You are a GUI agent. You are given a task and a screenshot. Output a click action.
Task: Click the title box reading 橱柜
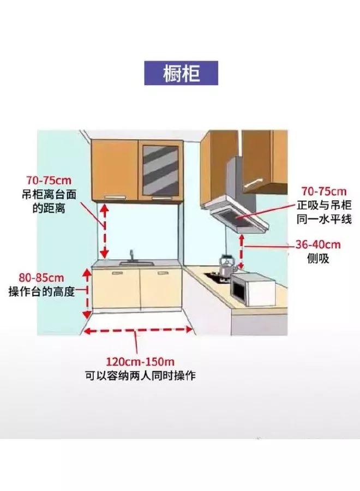[181, 73]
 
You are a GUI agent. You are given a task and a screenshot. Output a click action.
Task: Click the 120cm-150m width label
[140, 362]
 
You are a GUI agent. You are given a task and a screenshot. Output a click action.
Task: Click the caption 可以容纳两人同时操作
[140, 376]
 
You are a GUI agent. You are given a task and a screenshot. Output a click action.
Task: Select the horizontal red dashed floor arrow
[137, 329]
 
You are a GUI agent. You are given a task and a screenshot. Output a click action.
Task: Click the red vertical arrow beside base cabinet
[86, 293]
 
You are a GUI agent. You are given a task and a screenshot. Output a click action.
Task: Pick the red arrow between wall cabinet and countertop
[104, 231]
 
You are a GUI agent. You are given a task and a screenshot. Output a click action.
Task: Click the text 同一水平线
[325, 219]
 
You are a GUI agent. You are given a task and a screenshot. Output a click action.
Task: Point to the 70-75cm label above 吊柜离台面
[49, 179]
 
